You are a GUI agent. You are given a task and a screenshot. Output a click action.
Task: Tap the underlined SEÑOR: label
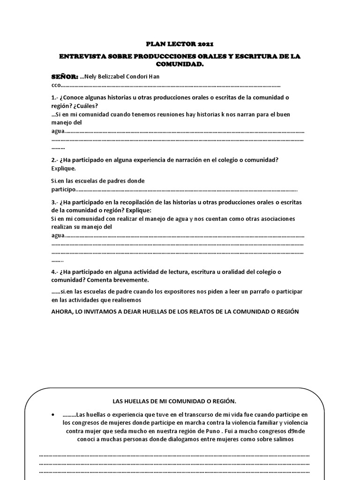(65, 76)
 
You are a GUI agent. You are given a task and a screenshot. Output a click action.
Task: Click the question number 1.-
(55, 97)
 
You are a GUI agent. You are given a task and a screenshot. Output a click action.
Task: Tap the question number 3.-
(55, 202)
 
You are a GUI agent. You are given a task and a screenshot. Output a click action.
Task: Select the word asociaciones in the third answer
(276, 219)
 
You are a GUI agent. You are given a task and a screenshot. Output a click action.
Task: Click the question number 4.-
(55, 272)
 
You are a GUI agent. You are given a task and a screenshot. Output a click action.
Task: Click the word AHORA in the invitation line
(62, 312)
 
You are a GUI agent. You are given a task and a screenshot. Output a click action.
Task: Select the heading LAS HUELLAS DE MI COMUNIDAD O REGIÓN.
(175, 402)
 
